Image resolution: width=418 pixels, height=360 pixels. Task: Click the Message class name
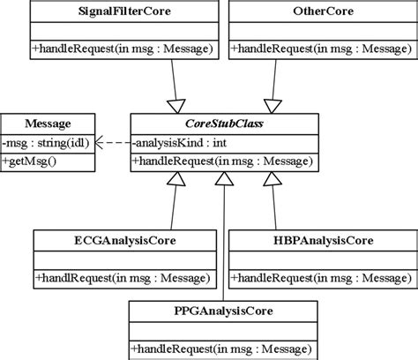(48, 124)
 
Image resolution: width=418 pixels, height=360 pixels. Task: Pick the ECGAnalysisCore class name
(123, 240)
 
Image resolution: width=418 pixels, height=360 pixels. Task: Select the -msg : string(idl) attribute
(46, 141)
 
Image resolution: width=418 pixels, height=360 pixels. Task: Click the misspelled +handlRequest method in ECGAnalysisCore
(123, 278)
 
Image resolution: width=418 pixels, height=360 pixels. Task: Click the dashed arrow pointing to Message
(110, 141)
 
